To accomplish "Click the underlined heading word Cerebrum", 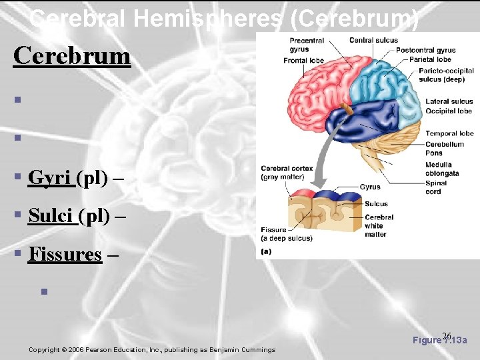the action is click(x=72, y=55).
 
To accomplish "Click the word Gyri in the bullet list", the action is click(x=52, y=178).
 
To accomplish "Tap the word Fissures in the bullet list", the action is click(x=65, y=255).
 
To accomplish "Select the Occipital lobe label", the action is click(x=449, y=111).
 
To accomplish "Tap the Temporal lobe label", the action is click(x=449, y=133).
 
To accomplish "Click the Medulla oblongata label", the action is click(x=439, y=169).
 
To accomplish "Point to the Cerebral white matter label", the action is click(x=379, y=225).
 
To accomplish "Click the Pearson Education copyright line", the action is click(x=152, y=350).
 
